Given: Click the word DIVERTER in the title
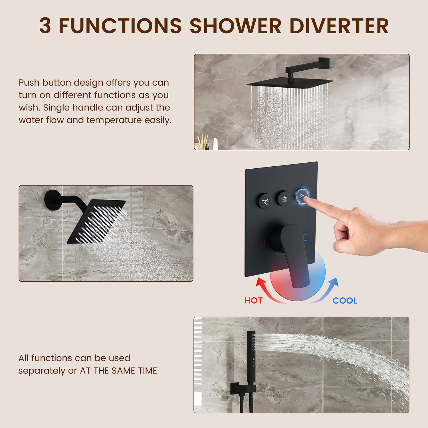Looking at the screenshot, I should tap(339, 26).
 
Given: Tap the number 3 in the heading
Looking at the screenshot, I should tap(45, 26).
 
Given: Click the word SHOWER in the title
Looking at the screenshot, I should tap(235, 26).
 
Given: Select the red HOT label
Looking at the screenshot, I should tap(253, 300).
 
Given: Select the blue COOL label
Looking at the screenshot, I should tap(345, 300).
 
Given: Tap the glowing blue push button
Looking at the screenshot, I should tap(302, 195).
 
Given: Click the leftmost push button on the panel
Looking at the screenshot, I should tap(264, 201).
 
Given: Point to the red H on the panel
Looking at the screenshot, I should tap(263, 244).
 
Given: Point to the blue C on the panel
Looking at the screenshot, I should tap(305, 237).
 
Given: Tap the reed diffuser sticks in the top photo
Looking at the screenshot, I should tap(203, 142).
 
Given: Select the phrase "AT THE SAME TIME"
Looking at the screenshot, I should tap(118, 371).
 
